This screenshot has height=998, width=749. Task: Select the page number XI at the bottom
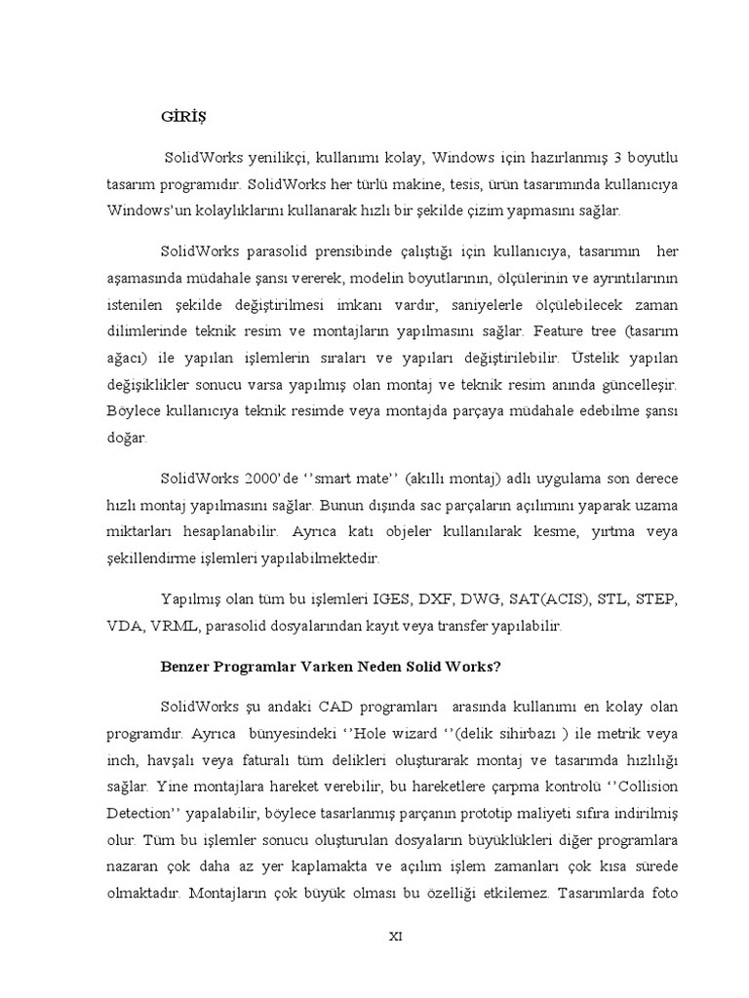coord(395,937)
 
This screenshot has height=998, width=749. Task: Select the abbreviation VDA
coord(125,625)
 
